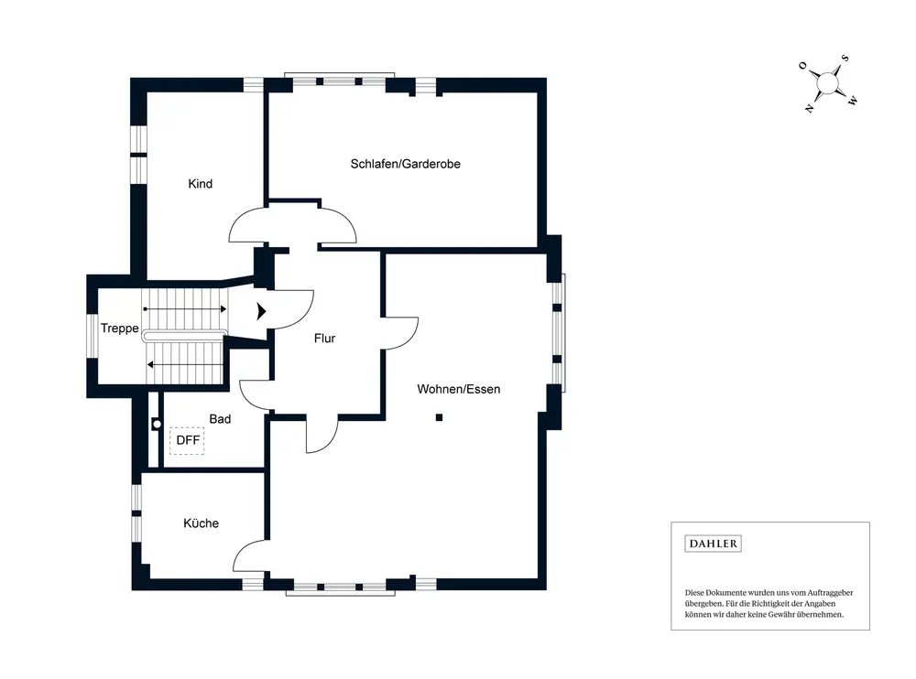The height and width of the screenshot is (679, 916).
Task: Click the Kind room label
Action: click(x=200, y=184)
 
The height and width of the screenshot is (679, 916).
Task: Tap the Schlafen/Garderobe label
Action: click(x=405, y=164)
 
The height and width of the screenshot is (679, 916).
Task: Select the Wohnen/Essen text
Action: click(x=458, y=389)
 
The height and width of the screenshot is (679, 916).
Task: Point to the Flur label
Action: click(x=324, y=339)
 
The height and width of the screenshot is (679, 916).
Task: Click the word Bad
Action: click(x=220, y=419)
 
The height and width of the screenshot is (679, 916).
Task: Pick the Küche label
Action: click(x=201, y=523)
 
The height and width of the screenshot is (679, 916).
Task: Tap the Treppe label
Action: click(x=119, y=329)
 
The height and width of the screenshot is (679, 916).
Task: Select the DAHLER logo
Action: click(x=713, y=544)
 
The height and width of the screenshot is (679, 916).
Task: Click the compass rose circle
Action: click(x=828, y=83)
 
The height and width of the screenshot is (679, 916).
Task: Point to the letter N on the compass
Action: click(x=809, y=108)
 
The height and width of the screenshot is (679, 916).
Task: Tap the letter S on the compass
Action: click(x=845, y=59)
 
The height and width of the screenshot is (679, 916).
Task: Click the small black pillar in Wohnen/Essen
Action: click(x=440, y=418)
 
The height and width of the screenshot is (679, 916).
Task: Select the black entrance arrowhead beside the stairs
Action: click(x=263, y=310)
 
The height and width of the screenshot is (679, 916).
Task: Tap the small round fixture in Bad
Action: click(x=157, y=424)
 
